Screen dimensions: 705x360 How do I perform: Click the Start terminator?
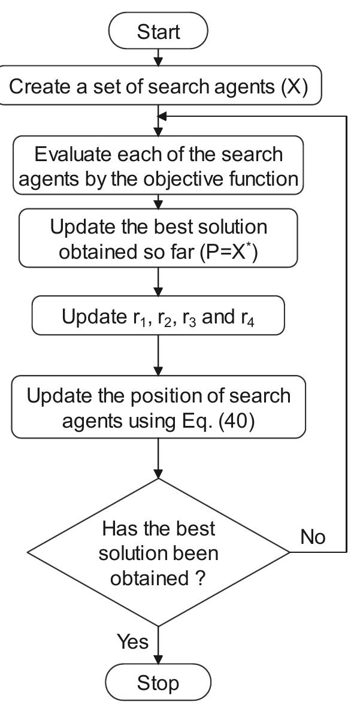(x=158, y=32)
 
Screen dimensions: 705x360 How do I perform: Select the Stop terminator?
(x=158, y=683)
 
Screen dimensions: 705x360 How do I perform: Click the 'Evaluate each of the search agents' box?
(x=158, y=166)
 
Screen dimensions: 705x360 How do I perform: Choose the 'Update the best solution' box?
(x=158, y=238)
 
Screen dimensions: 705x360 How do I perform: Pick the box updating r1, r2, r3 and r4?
(x=158, y=317)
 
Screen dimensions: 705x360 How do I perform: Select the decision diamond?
(x=158, y=552)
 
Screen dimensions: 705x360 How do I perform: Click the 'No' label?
(x=313, y=537)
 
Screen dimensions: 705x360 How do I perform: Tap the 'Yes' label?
(x=132, y=642)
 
